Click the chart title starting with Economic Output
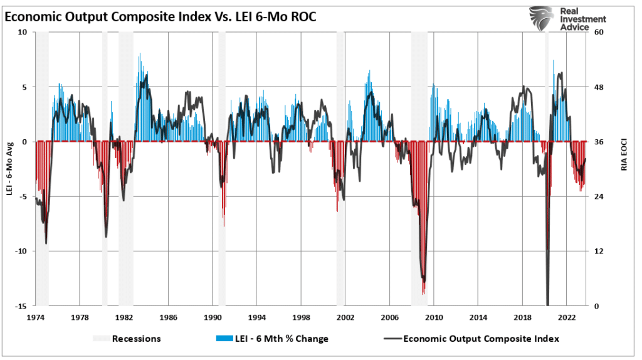click(160, 17)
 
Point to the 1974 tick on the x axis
click(35, 317)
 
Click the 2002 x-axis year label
click(345, 317)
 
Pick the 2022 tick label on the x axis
click(567, 317)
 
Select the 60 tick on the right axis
click(599, 32)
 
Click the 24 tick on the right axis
click(599, 196)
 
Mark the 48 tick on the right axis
click(599, 87)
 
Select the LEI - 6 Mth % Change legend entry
click(280, 339)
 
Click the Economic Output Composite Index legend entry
click(481, 339)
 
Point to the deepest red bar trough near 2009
click(424, 293)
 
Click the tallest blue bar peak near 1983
click(139, 54)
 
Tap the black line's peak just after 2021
click(560, 73)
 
